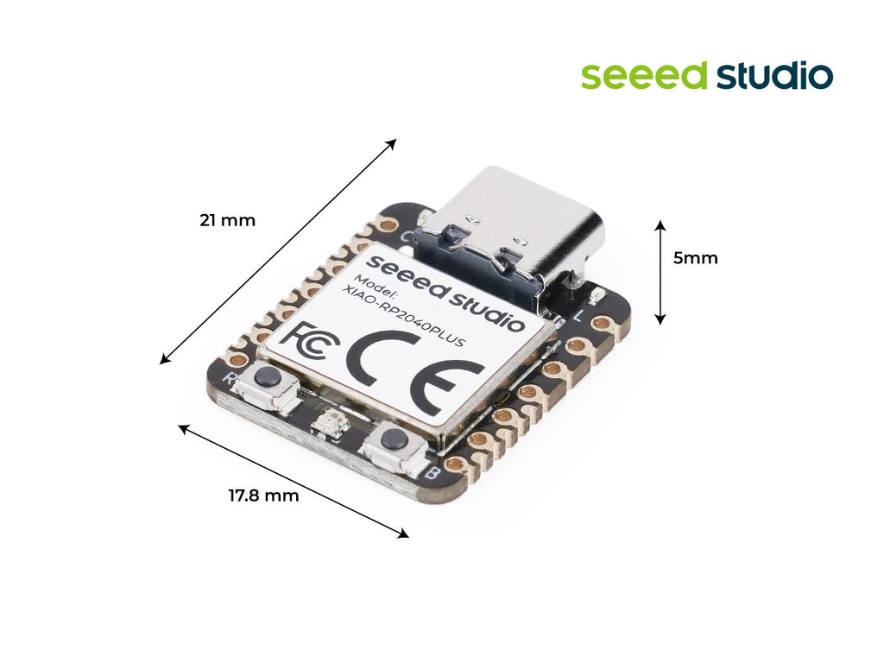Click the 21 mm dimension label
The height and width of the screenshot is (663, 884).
pos(227,220)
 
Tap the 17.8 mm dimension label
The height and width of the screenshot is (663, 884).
pos(263,496)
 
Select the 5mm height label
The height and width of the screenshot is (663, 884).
pos(695,257)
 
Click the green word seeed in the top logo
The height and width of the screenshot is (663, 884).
pos(644,76)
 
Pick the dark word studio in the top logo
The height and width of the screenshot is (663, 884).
pos(774,76)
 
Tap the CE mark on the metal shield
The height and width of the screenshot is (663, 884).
pos(415,375)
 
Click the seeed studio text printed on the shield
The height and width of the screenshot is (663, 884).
pos(445,292)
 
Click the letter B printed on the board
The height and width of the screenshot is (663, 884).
pos(432,472)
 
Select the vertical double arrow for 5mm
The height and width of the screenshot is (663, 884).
pos(660,272)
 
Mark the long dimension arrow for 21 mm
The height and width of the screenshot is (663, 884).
pos(278,251)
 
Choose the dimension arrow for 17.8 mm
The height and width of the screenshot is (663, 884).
pos(294,481)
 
